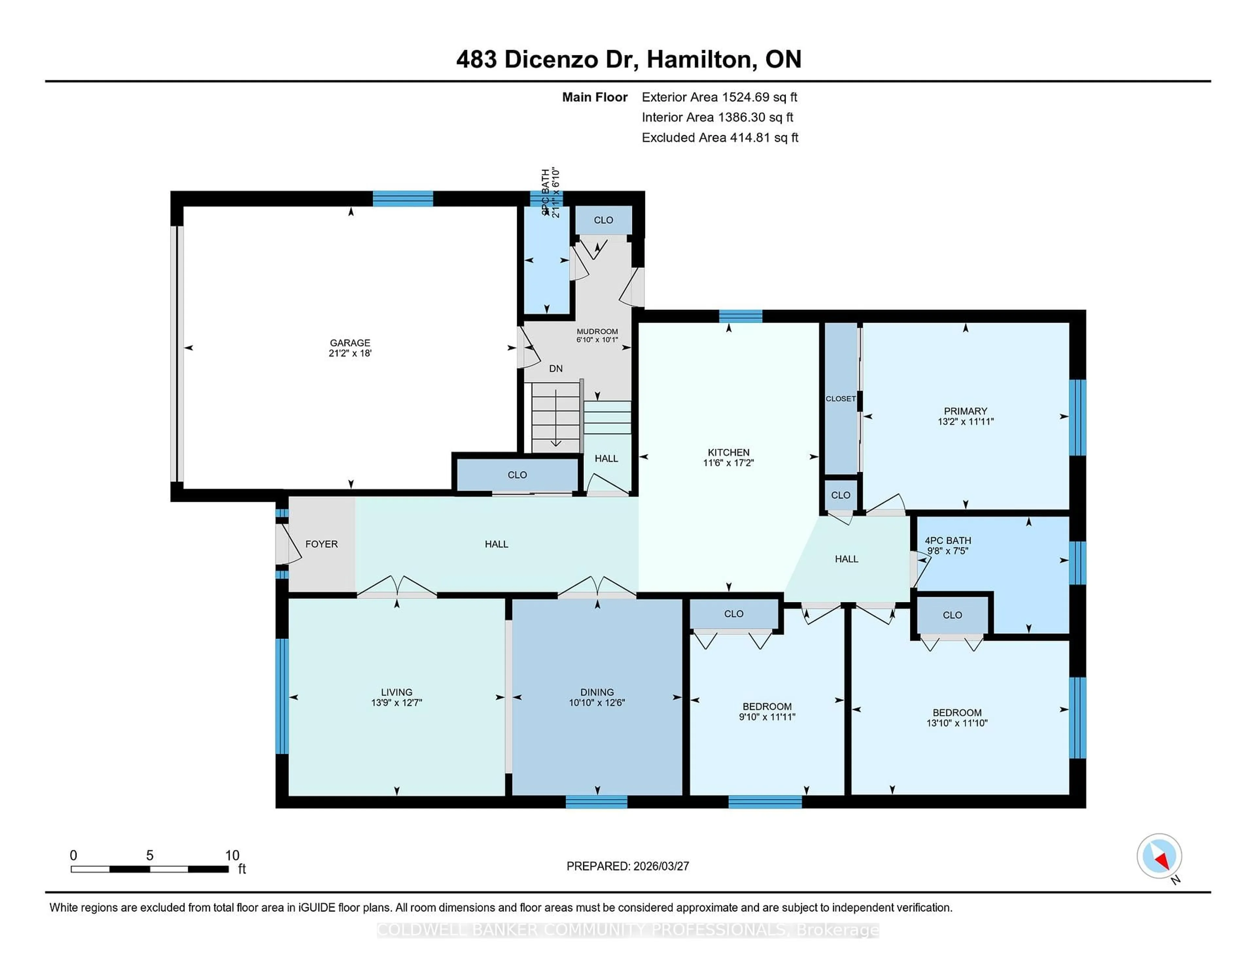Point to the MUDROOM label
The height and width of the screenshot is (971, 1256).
click(x=597, y=331)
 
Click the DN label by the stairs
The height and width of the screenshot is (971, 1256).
click(x=555, y=369)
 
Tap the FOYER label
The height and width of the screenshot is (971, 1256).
click(x=321, y=544)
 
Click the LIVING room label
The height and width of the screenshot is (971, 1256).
click(x=396, y=692)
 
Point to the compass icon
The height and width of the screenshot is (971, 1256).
click(x=1159, y=856)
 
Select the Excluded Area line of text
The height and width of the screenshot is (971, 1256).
click(x=720, y=137)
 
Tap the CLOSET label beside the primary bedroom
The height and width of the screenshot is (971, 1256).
click(x=840, y=398)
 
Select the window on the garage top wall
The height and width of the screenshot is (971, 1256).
click(x=403, y=199)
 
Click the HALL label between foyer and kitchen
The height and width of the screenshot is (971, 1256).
click(x=496, y=544)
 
